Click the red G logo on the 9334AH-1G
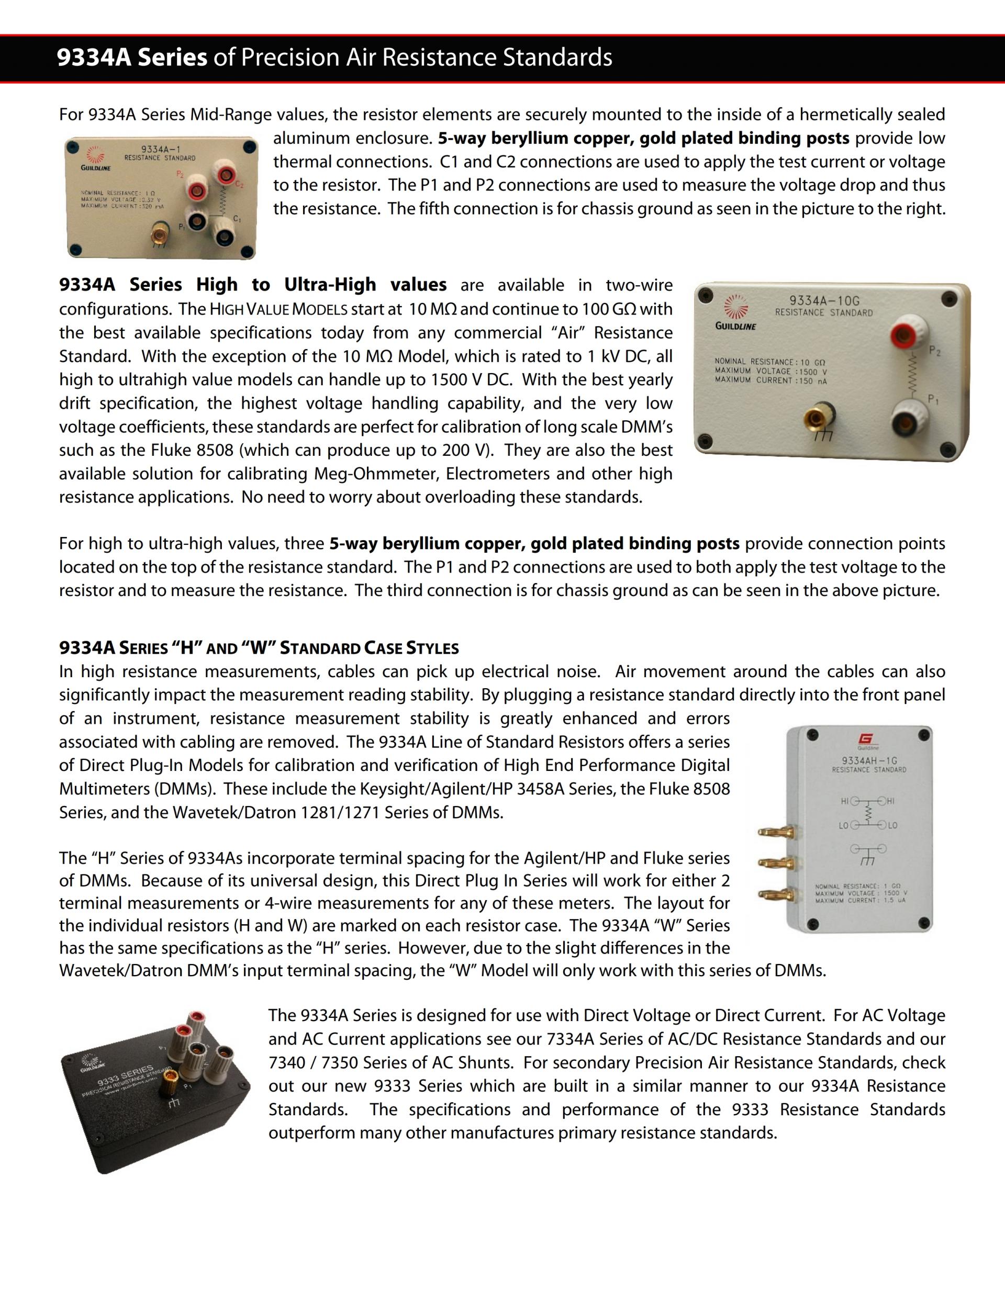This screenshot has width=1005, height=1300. [x=865, y=739]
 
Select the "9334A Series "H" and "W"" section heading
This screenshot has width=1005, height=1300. [x=259, y=647]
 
